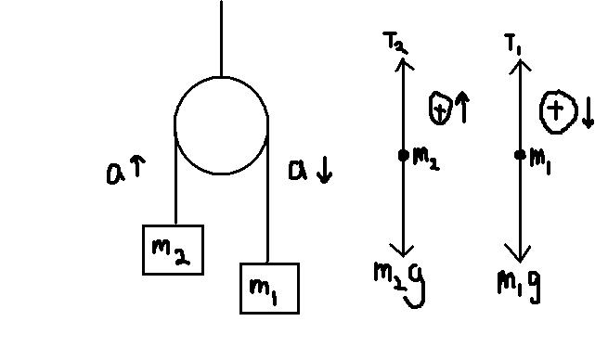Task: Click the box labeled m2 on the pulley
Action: pyautogui.click(x=173, y=250)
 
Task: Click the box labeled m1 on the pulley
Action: pyautogui.click(x=269, y=289)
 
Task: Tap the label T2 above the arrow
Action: pyautogui.click(x=395, y=43)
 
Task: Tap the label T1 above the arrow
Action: pyautogui.click(x=514, y=43)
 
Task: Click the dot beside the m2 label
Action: pyautogui.click(x=404, y=155)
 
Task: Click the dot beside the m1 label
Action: pyautogui.click(x=520, y=155)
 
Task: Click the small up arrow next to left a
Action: pyautogui.click(x=137, y=166)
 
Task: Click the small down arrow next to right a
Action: pyautogui.click(x=324, y=172)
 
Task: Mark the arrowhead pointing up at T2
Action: pyautogui.click(x=404, y=64)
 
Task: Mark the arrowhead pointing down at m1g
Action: pyautogui.click(x=520, y=253)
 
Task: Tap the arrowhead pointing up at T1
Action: pyautogui.click(x=520, y=65)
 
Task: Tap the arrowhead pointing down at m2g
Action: pyautogui.click(x=403, y=250)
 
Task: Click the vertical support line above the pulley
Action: pyautogui.click(x=222, y=38)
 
